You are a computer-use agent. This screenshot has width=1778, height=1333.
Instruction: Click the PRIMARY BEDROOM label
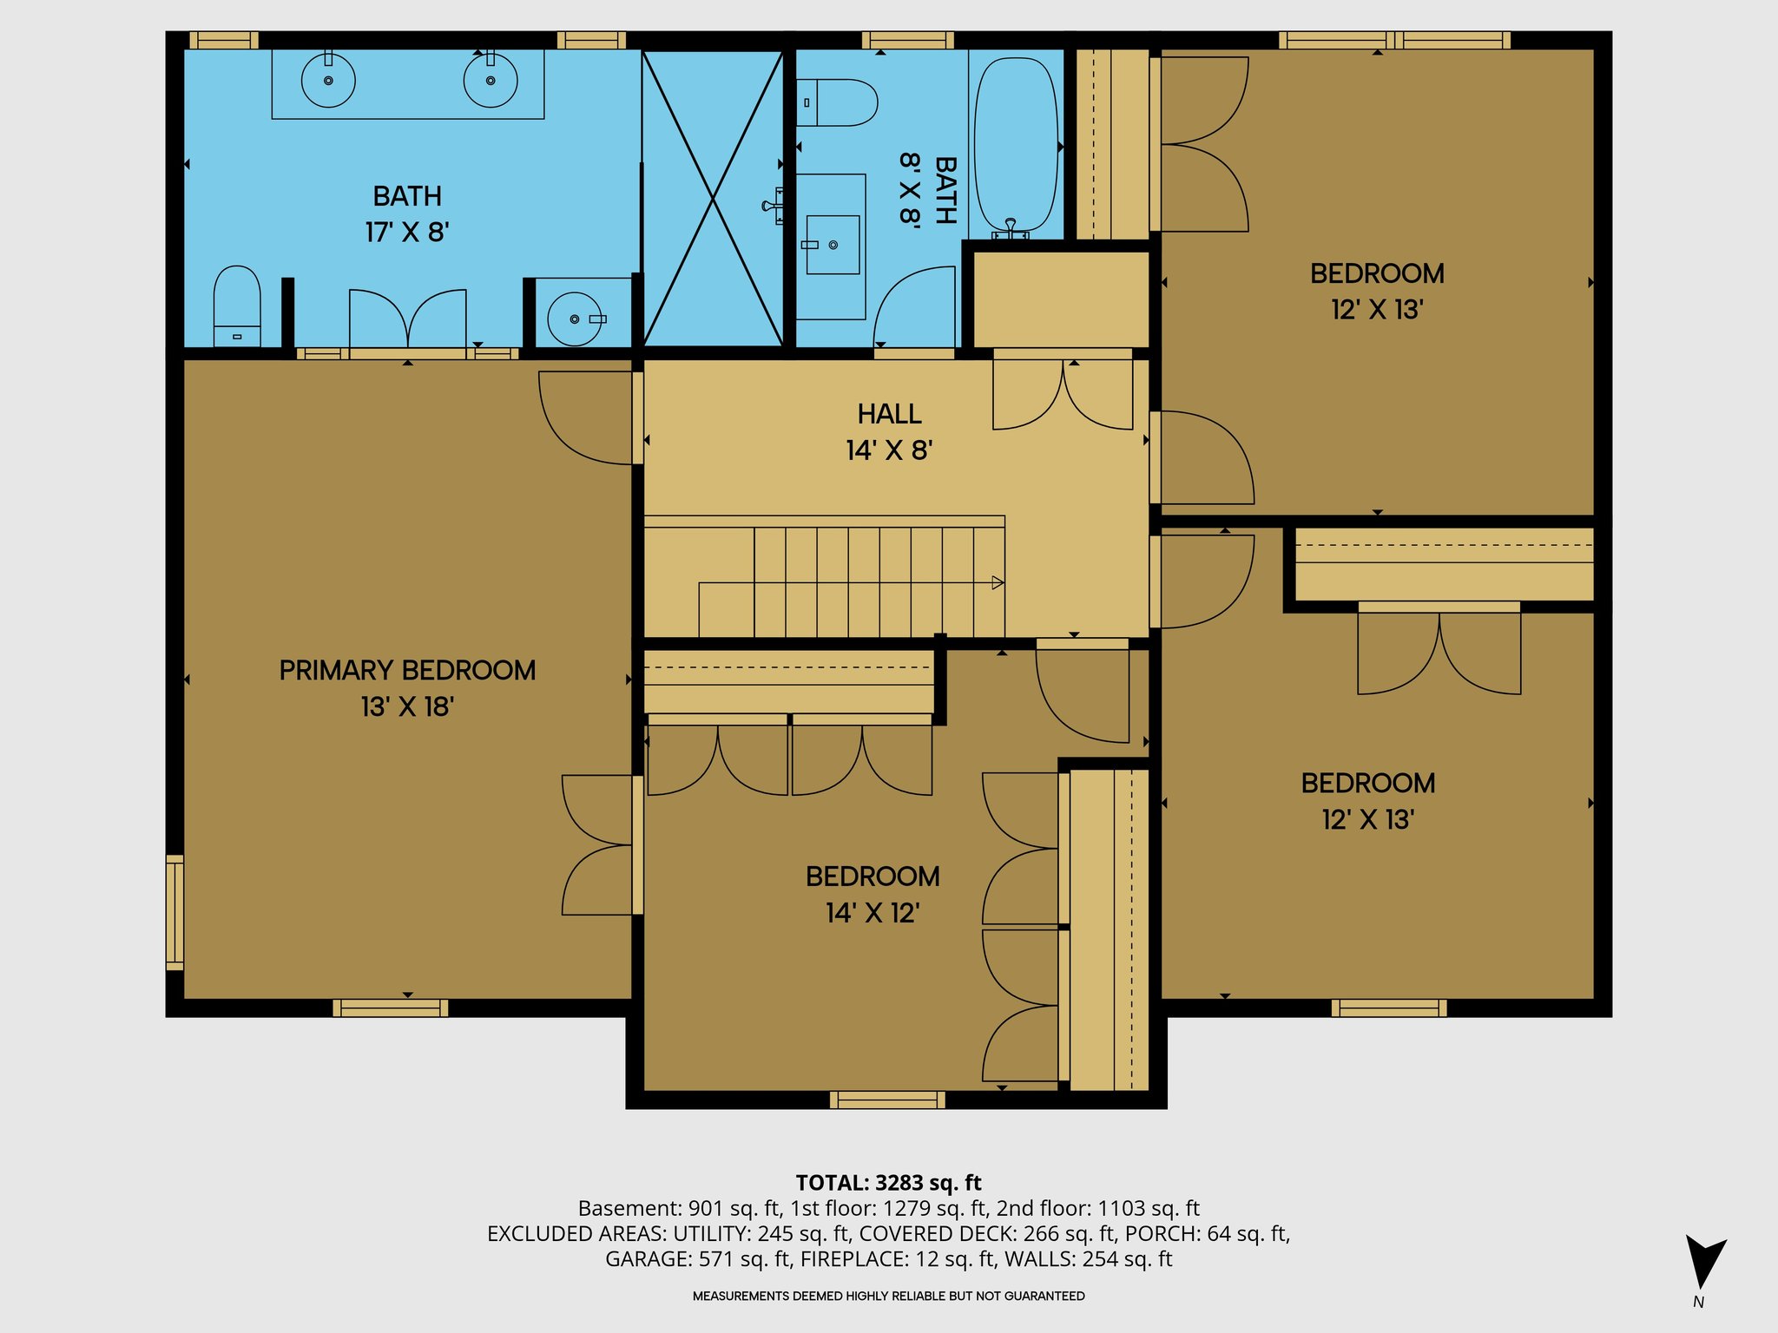point(407,670)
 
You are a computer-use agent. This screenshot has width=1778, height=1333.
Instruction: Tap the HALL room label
point(889,414)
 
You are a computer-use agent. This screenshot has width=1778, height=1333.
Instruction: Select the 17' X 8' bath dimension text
point(406,233)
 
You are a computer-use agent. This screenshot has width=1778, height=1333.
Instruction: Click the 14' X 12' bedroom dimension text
point(873,913)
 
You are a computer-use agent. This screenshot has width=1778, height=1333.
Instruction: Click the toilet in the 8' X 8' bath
point(837,102)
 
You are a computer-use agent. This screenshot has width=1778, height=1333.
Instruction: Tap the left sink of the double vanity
point(328,80)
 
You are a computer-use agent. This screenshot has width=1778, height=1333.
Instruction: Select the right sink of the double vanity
point(491,80)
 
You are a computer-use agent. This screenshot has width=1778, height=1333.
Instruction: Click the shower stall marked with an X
point(713,199)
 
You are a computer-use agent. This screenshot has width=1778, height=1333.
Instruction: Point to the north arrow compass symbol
point(1703,1263)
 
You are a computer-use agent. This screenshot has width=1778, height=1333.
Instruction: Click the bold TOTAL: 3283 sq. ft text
point(888,1183)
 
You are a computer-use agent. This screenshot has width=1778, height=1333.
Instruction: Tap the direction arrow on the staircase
point(998,582)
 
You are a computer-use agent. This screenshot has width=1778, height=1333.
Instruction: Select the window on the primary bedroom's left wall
point(175,912)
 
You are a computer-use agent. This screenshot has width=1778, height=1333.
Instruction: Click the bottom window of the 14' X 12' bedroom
point(887,1100)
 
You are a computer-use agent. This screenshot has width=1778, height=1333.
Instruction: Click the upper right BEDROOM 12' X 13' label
point(1377,273)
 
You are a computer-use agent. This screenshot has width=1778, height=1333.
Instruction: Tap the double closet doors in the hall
point(1063,395)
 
